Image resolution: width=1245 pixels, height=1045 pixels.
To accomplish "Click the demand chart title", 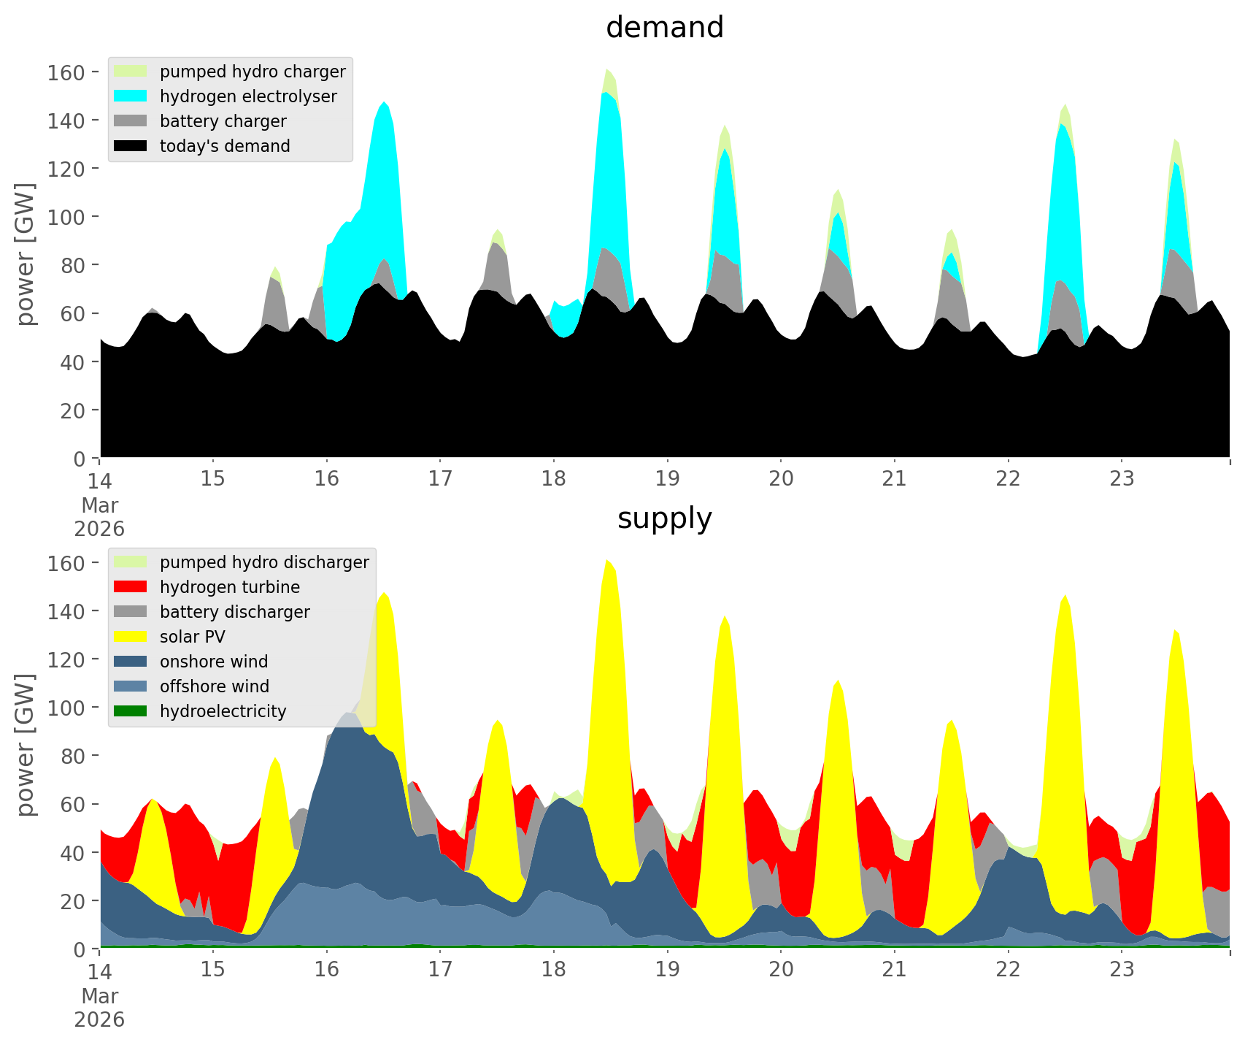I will (x=664, y=28).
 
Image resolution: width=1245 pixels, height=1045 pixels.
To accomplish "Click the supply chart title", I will (x=664, y=518).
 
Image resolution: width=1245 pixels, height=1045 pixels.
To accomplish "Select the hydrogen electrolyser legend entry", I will (x=248, y=96).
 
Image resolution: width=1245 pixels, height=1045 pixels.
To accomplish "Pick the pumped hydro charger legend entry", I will (x=253, y=72).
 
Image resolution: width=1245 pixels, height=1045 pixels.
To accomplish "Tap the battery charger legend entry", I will (x=223, y=121).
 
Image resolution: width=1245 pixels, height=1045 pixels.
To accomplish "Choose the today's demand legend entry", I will (x=225, y=146).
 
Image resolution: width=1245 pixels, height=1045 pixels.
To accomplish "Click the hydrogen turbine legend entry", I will (x=229, y=587).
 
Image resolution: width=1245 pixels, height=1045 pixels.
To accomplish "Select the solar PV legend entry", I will (x=192, y=637).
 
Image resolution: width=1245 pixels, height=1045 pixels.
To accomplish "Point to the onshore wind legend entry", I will (x=214, y=662).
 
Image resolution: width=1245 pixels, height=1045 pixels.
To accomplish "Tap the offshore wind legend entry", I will (x=215, y=686).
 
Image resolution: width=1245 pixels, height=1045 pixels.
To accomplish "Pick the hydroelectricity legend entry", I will (x=223, y=711).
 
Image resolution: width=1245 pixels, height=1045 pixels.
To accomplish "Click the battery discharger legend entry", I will (x=234, y=612).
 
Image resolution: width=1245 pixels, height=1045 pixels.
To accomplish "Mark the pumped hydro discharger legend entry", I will (x=264, y=562).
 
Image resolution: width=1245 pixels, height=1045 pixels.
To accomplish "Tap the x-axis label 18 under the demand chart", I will (x=554, y=479).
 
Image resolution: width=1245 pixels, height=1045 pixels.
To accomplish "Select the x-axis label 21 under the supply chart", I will (x=895, y=970).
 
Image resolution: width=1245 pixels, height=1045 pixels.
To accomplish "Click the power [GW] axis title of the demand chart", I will (x=25, y=254).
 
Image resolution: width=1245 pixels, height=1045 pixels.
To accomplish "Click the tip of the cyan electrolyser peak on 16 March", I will (x=385, y=102).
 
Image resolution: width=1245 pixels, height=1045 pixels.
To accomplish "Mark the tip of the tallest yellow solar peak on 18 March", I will (x=607, y=559).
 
